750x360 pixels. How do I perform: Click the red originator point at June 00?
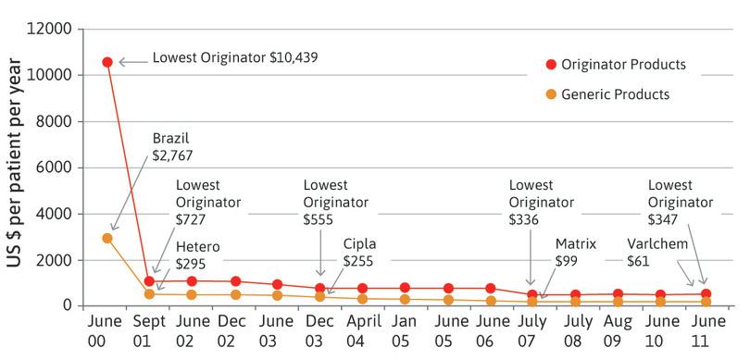(107, 62)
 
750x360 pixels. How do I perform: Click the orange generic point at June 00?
(107, 238)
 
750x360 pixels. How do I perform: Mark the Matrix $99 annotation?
(575, 254)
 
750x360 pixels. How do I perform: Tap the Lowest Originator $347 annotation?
(681, 203)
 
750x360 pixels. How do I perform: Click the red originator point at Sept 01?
(150, 280)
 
